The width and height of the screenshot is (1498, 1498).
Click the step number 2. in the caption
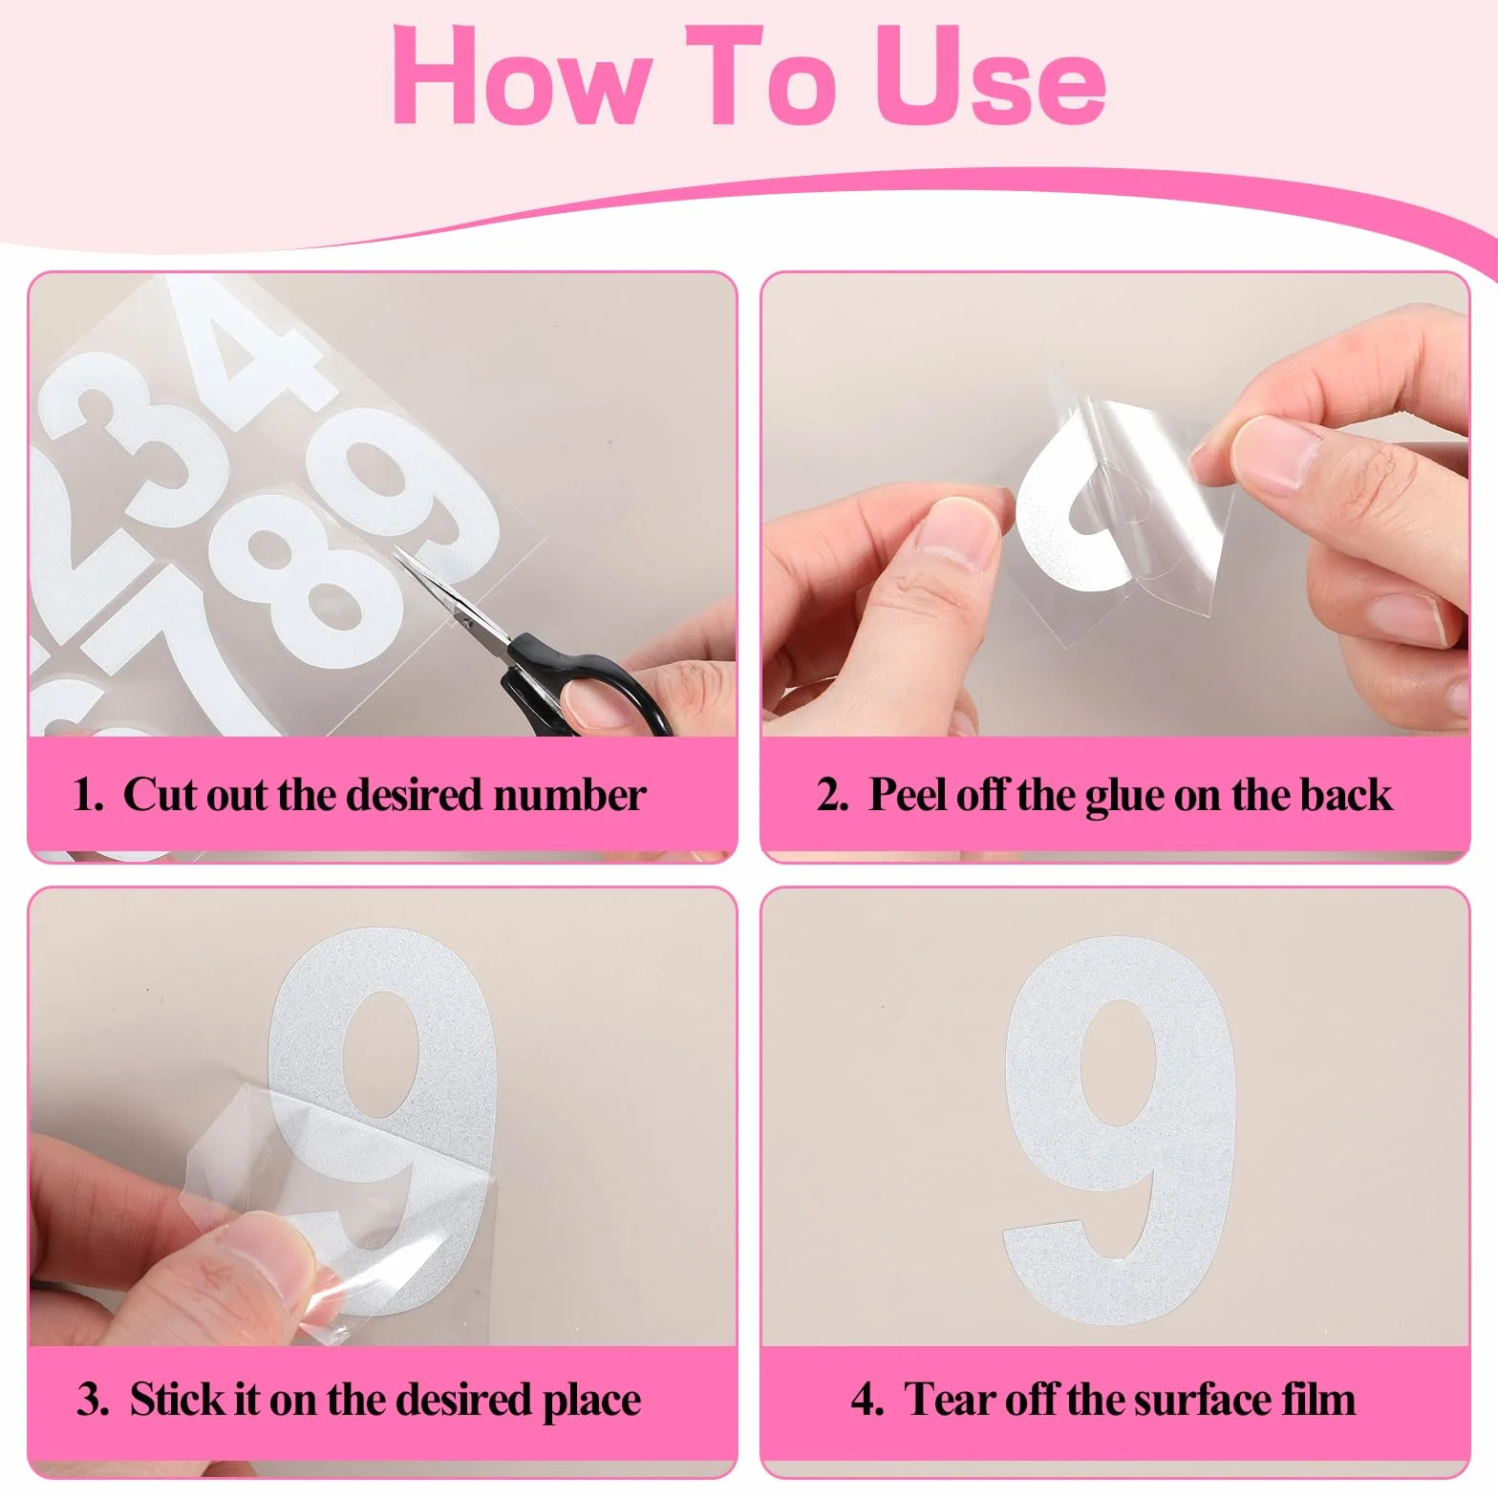click(832, 795)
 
